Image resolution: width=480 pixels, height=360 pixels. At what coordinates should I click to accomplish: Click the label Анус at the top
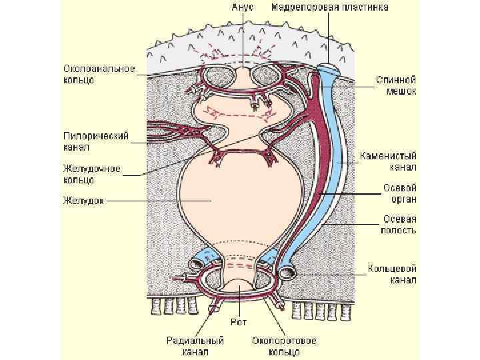242,8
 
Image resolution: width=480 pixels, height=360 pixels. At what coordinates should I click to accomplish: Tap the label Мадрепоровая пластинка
331,8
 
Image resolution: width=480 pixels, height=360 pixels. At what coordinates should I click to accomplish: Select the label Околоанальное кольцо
99,74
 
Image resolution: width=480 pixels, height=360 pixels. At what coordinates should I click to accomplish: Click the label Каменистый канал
388,161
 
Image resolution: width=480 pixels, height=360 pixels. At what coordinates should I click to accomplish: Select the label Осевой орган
399,193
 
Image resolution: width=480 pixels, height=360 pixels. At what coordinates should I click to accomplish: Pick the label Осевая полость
399,225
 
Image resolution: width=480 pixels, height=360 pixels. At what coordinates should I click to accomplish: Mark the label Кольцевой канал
393,275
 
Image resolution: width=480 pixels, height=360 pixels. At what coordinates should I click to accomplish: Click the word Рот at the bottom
239,322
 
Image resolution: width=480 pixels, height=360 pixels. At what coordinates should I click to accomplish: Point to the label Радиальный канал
195,345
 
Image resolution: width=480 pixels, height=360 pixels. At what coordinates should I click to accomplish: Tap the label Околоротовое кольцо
284,345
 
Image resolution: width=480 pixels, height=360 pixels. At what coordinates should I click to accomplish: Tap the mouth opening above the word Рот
238,293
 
